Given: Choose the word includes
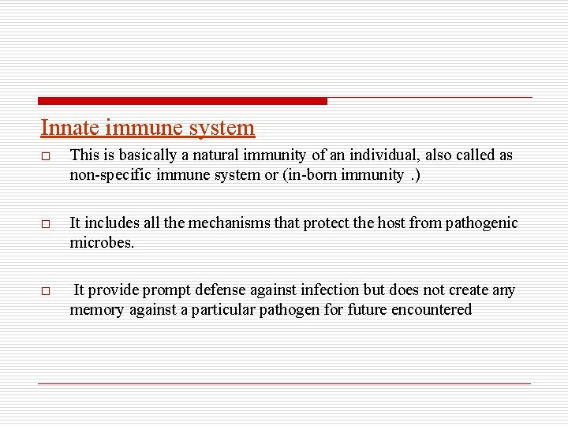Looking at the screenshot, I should coord(107,223).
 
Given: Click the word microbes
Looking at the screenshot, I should coord(102,243).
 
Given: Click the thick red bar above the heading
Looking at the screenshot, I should coord(182,101).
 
